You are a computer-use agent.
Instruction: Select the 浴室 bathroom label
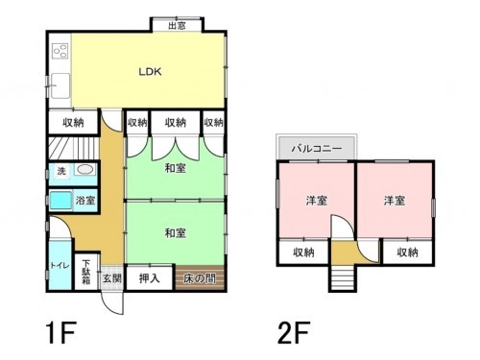[85, 201]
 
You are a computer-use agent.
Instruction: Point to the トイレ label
[58, 263]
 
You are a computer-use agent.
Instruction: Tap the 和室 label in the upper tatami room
[175, 169]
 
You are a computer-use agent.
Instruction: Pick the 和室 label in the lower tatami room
[175, 233]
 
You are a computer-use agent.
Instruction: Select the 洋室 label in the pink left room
[317, 201]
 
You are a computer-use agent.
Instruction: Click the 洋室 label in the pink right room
[394, 201]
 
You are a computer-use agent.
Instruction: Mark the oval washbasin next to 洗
[85, 171]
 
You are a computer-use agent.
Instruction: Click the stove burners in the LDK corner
[60, 50]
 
